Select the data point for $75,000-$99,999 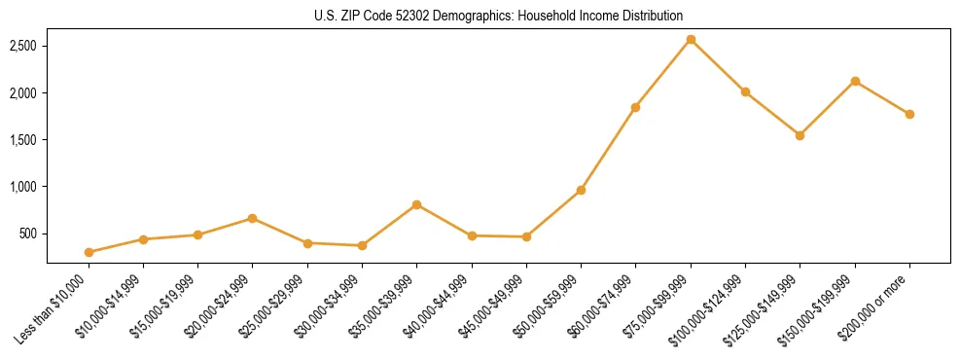[691, 40]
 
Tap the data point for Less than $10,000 [89, 252]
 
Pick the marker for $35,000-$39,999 [416, 204]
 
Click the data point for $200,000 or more [909, 114]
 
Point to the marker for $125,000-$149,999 [800, 135]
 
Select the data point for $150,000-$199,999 [855, 81]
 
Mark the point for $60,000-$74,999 [635, 107]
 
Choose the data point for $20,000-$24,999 [253, 218]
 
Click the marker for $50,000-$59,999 [581, 190]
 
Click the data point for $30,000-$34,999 [362, 245]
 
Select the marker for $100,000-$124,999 [745, 91]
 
